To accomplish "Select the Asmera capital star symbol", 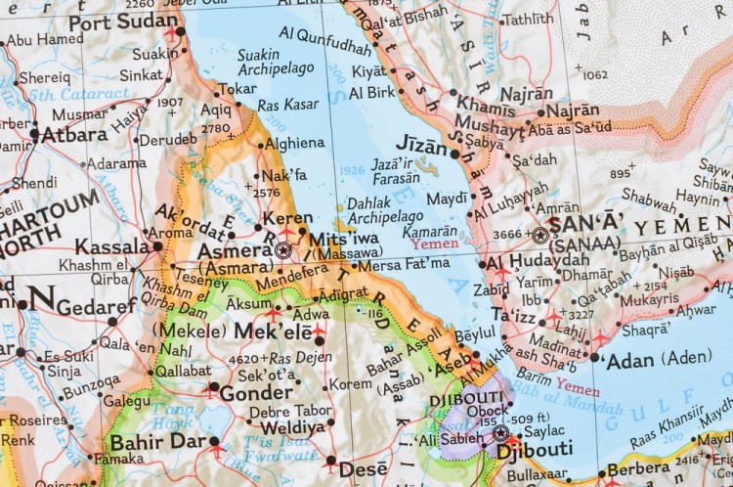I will [x=283, y=251].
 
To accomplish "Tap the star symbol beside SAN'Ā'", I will [x=539, y=235].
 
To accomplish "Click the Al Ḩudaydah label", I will [x=538, y=261].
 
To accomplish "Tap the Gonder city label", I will [x=256, y=392].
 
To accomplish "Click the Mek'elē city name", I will [x=273, y=332].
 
